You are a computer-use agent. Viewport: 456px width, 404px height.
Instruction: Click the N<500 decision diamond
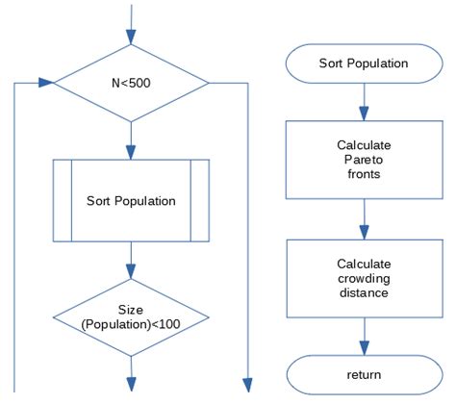click(130, 82)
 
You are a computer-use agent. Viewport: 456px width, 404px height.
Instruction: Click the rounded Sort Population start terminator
click(364, 63)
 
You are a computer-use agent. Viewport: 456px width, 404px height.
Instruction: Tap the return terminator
click(364, 374)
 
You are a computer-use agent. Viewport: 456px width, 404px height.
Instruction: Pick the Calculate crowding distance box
click(364, 277)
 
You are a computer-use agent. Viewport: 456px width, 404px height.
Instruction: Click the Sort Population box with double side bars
click(130, 201)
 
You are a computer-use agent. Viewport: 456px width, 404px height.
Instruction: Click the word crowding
click(363, 277)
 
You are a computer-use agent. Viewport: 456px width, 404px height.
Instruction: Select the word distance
click(363, 292)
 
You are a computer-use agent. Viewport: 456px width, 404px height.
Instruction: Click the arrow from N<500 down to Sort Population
click(130, 139)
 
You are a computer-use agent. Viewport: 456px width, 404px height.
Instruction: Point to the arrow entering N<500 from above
click(130, 24)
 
